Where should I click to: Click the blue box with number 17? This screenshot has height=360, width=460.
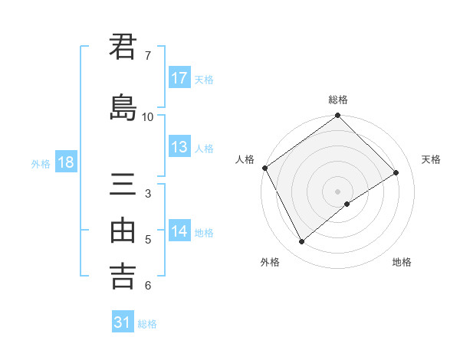[x=179, y=78]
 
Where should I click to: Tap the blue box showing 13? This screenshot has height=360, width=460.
[x=179, y=148]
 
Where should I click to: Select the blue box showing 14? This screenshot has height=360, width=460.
[x=179, y=231]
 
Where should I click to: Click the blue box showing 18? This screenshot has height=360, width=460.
[x=65, y=162]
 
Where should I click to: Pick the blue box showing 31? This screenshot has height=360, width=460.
[x=123, y=322]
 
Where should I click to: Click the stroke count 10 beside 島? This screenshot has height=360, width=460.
[x=148, y=116]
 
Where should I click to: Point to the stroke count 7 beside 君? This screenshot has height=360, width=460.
[x=148, y=56]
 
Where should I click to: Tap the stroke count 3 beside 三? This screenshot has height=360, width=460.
[x=148, y=194]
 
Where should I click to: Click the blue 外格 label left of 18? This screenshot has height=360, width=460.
[x=41, y=163]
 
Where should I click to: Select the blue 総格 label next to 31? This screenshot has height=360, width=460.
[x=147, y=324]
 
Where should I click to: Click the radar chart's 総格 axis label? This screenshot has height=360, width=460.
[x=338, y=100]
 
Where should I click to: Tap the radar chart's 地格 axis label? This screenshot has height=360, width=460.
[x=402, y=262]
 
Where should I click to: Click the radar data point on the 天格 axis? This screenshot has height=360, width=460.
[x=396, y=173]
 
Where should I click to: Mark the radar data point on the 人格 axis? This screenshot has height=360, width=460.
[x=264, y=168]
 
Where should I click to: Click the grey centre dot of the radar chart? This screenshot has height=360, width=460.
[x=337, y=191]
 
